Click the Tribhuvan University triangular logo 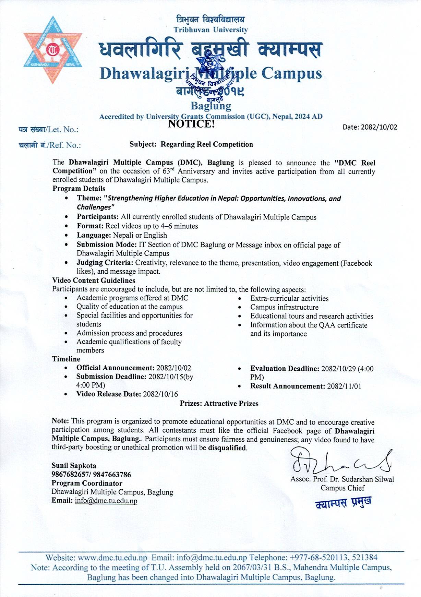point(53,50)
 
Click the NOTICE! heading point(191,124)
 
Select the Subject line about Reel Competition point(191,144)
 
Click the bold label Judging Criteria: point(105,263)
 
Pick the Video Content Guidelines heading point(94,280)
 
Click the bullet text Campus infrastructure point(284,307)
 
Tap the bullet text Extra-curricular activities point(289,298)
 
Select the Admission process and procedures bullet point(129,333)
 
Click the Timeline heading point(66,359)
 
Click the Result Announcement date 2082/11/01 point(344,386)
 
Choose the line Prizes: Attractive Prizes point(219,404)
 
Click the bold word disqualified point(227,448)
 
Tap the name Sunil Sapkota point(74,466)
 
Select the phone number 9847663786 point(112,475)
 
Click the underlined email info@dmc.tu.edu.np point(106,501)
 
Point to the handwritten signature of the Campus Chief point(341,462)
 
